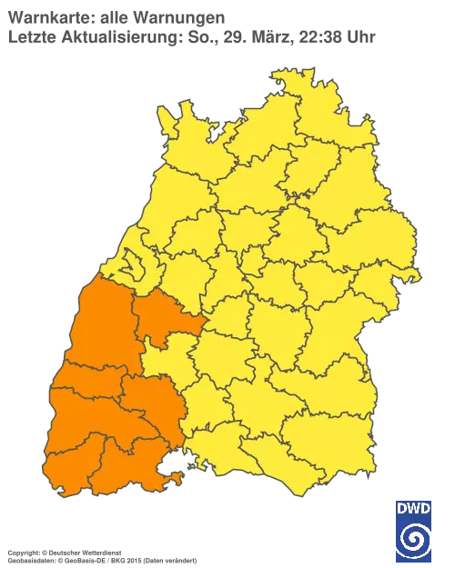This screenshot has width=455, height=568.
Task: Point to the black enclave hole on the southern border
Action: tap(169, 469)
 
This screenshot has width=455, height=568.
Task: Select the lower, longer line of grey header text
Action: tap(191, 38)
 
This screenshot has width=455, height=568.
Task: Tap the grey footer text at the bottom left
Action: tap(100, 553)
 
